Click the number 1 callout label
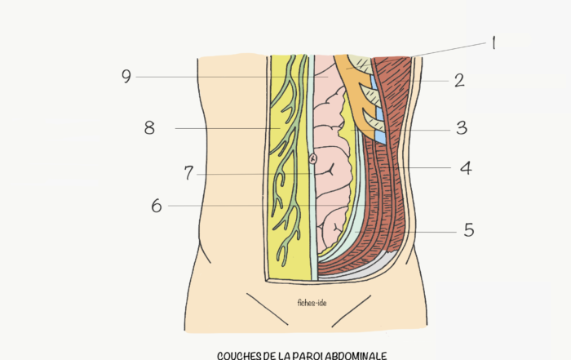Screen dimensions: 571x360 [494, 43]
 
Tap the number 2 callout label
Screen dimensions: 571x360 [459, 80]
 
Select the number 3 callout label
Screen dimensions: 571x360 [462, 128]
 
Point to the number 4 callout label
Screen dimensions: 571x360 [466, 168]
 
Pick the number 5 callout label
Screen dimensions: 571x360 [469, 230]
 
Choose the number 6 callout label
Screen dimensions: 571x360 [157, 206]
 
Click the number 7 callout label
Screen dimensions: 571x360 [188, 173]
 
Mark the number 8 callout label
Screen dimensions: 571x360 [149, 128]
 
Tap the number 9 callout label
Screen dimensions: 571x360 [126, 77]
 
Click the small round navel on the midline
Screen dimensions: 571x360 [312, 159]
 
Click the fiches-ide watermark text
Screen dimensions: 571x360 [312, 303]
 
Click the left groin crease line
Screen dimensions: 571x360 [267, 309]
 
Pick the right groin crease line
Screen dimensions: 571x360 [352, 311]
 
